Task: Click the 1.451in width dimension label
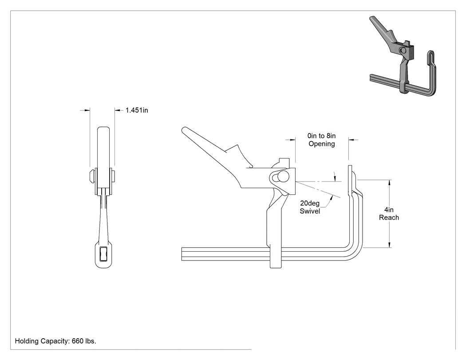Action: click(x=137, y=110)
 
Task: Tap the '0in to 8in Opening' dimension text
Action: click(x=322, y=140)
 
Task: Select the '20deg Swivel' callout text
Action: click(x=310, y=207)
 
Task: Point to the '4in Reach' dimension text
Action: click(x=389, y=214)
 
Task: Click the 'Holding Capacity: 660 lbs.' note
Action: click(x=55, y=341)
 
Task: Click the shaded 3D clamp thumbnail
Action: click(x=403, y=56)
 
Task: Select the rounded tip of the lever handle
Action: click(x=184, y=130)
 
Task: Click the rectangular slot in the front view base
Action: click(x=103, y=254)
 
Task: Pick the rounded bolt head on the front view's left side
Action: click(x=92, y=176)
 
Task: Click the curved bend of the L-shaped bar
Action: click(x=355, y=251)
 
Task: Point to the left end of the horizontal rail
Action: click(x=182, y=254)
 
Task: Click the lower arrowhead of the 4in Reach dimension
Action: click(x=390, y=245)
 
